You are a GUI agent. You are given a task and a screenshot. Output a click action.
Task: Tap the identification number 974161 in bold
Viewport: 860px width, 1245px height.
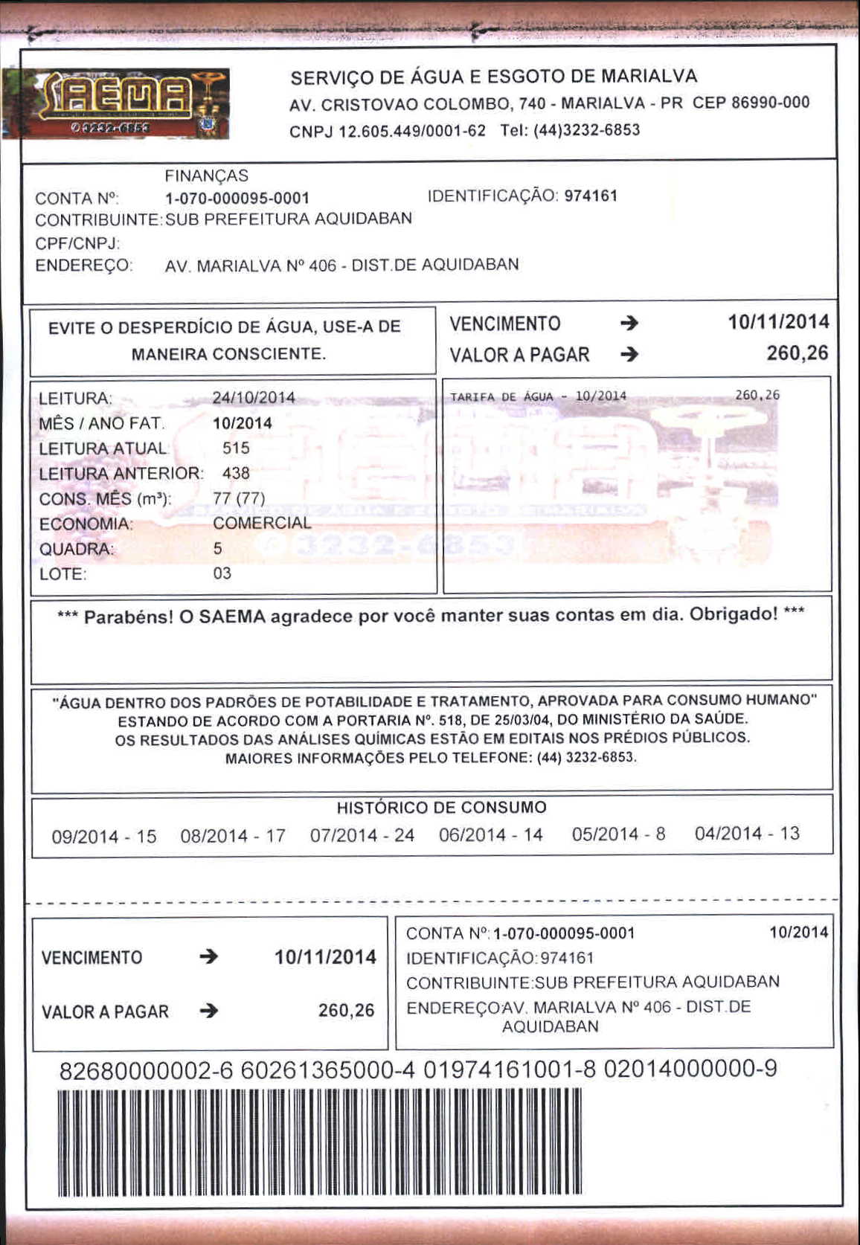591,196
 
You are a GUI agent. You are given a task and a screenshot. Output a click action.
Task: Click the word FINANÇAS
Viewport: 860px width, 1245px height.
206,176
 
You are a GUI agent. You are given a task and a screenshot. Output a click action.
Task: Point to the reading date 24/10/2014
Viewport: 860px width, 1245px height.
254,398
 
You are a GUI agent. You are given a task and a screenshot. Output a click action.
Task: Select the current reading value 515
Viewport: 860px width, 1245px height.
236,448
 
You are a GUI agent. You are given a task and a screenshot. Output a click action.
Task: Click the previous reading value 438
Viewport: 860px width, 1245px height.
236,474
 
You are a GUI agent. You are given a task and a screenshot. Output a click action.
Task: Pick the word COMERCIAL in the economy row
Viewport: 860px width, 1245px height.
262,524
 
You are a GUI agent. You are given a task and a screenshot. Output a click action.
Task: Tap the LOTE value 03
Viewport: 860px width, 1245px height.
222,573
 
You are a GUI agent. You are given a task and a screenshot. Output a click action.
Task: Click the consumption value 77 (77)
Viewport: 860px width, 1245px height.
239,498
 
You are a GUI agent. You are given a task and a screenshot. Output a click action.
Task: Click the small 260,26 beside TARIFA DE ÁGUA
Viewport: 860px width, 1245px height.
757,396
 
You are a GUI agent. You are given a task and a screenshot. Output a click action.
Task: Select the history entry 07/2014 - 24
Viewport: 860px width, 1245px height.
362,836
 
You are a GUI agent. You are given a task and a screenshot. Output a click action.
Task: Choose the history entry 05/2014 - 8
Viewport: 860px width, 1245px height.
618,834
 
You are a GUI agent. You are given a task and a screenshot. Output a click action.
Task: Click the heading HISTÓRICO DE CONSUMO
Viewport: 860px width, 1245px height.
441,808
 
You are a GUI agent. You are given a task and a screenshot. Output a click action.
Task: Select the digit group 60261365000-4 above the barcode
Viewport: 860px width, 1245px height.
328,1070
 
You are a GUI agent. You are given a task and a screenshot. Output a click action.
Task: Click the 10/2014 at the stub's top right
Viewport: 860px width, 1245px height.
798,933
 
